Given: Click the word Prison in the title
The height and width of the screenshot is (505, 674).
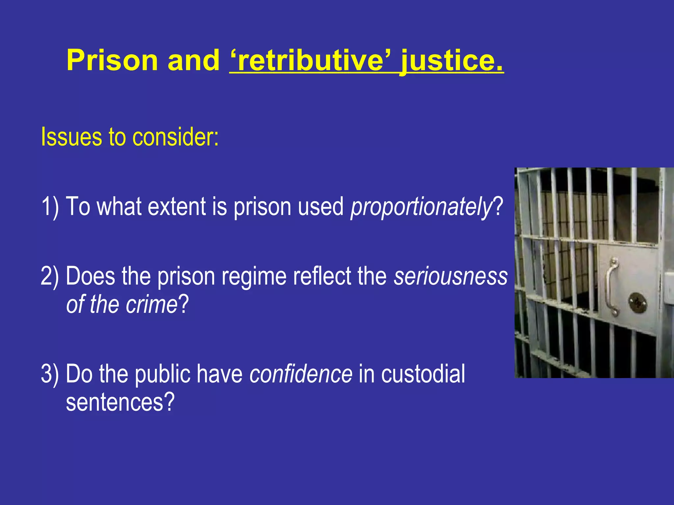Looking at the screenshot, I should pos(112,60).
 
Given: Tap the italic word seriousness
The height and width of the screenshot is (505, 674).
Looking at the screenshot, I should pos(451,276).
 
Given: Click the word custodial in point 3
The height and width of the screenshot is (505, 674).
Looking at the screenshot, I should pos(423,374).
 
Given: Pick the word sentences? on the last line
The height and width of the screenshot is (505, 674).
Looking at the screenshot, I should pos(120,402).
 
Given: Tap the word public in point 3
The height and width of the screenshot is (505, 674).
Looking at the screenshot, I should pos(163,374).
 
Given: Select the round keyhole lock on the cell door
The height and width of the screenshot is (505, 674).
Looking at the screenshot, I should pos(638,303).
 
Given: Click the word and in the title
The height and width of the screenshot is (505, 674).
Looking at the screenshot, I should pos(194,60).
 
